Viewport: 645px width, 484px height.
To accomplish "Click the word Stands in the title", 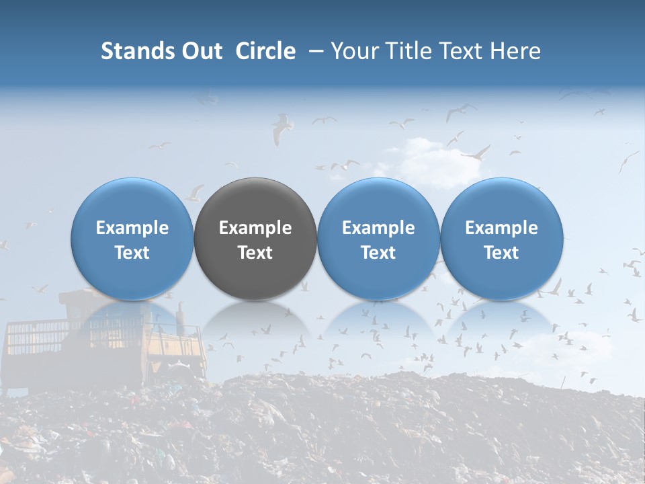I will tap(138, 51).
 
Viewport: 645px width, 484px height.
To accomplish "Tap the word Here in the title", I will tap(517, 51).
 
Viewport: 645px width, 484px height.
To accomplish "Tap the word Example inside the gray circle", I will tap(255, 228).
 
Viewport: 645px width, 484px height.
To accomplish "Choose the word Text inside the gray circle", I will tap(255, 253).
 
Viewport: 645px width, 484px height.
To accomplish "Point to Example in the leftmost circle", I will tap(132, 228).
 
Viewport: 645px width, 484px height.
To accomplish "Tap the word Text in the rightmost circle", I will tap(502, 253).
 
